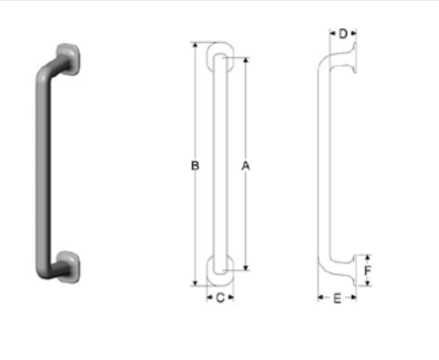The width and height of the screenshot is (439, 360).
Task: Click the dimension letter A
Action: click(x=246, y=166)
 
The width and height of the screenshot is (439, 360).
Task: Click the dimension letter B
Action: click(x=195, y=166)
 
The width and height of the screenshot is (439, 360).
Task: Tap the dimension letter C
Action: click(x=220, y=298)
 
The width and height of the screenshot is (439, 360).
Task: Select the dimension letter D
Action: click(x=343, y=34)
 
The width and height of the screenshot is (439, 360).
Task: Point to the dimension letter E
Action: click(x=337, y=299)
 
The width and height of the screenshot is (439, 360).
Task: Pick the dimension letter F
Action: click(x=368, y=270)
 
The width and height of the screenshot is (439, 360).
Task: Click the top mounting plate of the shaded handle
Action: click(x=68, y=59)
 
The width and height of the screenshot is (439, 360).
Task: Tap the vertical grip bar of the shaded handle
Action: click(x=43, y=169)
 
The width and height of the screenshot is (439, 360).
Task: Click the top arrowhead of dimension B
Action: click(x=195, y=45)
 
